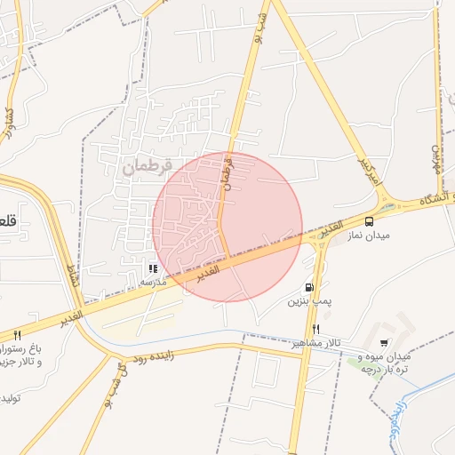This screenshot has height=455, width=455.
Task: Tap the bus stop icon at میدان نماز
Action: tap(369, 220)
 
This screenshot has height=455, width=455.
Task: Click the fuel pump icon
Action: tap(308, 287)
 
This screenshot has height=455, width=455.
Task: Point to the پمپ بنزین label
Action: tap(308, 302)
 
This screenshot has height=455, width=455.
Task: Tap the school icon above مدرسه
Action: tap(153, 267)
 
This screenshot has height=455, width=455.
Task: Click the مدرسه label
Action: tap(154, 281)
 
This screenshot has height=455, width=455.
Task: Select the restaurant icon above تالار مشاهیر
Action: tap(316, 329)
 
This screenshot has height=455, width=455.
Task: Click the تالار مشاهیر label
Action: tap(316, 343)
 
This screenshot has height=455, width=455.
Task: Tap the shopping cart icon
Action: tap(384, 343)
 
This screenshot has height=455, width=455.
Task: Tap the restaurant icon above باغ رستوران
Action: tap(17, 336)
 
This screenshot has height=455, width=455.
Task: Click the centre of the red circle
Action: tap(227, 227)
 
